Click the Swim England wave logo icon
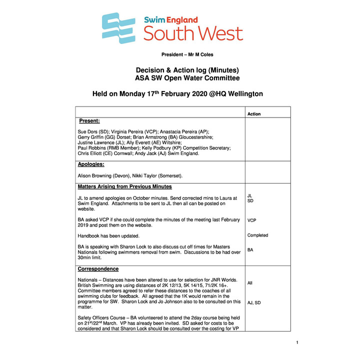[118, 28]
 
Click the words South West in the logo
[193, 33]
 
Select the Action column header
[254, 114]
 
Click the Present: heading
[90, 121]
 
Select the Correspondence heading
[98, 268]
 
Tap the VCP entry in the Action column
[253, 220]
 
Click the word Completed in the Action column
[257, 235]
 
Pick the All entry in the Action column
[250, 283]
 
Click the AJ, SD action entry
[254, 302]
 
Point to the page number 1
[297, 342]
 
